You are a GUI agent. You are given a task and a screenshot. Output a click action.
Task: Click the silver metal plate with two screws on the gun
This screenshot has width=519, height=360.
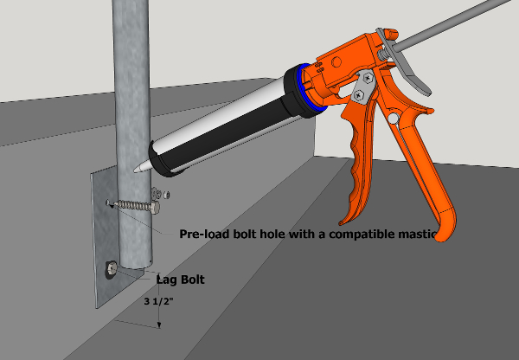click(362, 84)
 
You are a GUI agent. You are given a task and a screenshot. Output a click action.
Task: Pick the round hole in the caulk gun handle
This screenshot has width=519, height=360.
click(394, 116)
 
